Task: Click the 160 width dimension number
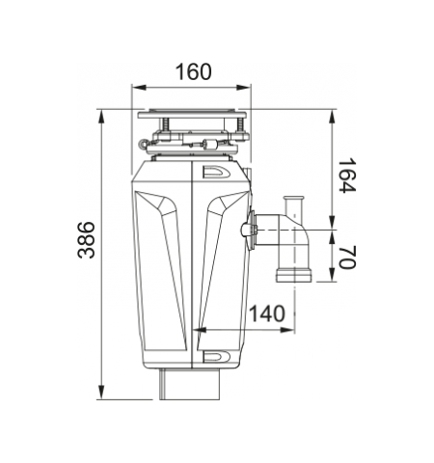[x=194, y=71]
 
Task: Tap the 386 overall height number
[x=86, y=240]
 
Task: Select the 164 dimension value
[x=347, y=176]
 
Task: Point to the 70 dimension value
[x=347, y=257]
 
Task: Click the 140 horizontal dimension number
[x=267, y=313]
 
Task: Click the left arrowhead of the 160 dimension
[x=139, y=88]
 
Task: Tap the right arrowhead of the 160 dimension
[x=243, y=88]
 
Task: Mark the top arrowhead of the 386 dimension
[x=101, y=117]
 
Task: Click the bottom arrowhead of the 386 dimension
[x=101, y=393]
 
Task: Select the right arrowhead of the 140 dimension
[x=287, y=330]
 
